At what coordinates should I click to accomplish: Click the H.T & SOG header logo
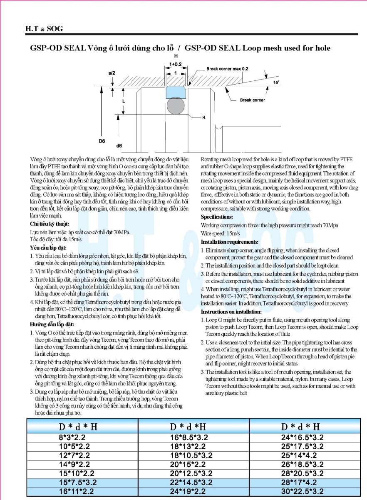point(44,29)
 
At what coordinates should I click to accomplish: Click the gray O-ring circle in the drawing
point(176,106)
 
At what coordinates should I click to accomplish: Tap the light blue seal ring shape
point(176,92)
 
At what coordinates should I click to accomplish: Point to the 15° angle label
point(276,82)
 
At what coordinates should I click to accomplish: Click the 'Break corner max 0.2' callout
point(227,69)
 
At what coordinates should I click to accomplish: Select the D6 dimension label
point(102,141)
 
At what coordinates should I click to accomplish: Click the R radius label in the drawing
point(203,117)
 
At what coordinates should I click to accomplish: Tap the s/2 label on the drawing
point(112,73)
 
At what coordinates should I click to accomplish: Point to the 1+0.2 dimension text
point(176,65)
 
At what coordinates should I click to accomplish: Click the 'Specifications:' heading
point(217,217)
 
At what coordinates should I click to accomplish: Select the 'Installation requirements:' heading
point(230,242)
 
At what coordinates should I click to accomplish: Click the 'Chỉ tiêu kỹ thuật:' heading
point(50,224)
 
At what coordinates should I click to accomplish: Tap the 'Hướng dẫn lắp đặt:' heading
point(52,324)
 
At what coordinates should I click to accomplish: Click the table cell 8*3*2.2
point(72,437)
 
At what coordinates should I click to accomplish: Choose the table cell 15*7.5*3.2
point(78,482)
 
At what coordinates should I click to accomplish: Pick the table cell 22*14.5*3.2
point(191,482)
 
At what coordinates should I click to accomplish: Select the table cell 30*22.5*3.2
point(302,491)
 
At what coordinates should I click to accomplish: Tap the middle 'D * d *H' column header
point(188,427)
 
